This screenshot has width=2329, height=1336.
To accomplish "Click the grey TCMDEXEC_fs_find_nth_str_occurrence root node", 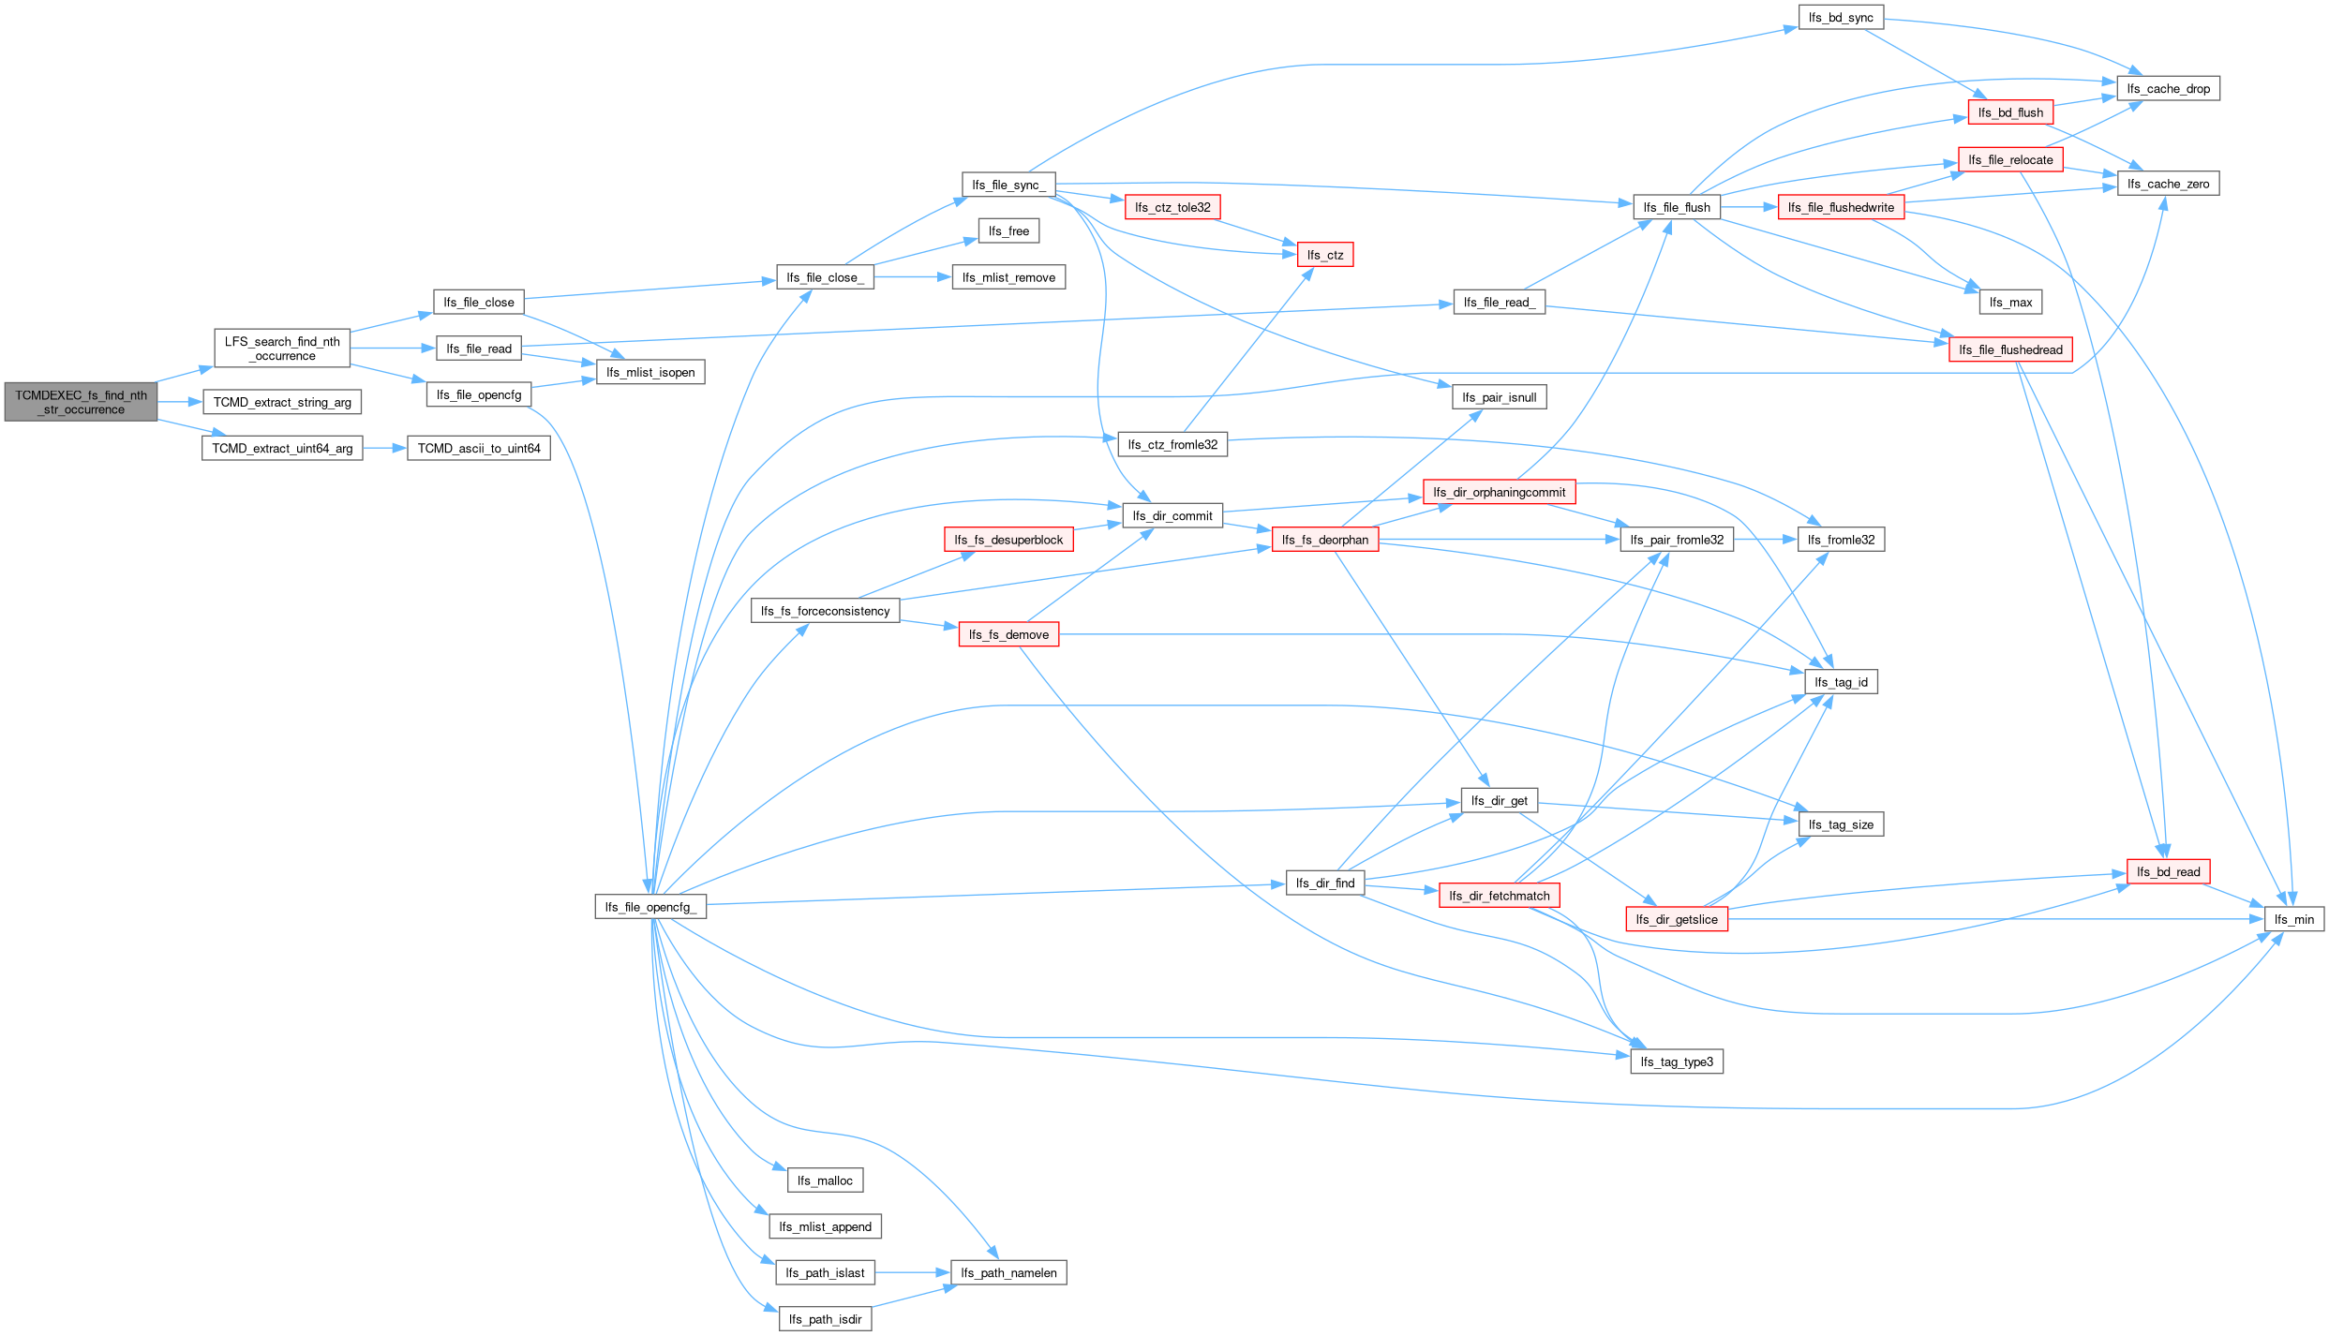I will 81,402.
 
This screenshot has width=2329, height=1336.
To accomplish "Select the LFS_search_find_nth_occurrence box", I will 282,349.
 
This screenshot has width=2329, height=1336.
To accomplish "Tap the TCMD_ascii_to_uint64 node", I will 479,449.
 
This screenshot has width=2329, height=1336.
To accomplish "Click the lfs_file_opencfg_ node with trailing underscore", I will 650,907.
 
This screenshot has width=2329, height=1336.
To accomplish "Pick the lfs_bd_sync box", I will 1841,18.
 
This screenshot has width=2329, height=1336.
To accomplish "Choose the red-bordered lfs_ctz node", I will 1325,255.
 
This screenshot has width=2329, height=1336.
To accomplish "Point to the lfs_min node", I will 2294,919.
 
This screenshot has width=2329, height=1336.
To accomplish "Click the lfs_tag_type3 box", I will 1677,1061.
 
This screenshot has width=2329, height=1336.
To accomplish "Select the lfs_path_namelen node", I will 1008,1272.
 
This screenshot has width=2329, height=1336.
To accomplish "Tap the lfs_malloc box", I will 825,1180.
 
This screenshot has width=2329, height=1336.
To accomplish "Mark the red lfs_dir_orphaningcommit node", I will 1499,492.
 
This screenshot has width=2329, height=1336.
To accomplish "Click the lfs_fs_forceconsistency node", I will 825,611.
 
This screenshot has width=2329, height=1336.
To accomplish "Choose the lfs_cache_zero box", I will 2168,184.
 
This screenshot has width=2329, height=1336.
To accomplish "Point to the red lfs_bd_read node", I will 2168,871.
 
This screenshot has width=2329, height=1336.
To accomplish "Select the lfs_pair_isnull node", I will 1499,397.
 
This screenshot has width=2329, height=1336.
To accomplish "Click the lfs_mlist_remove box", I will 1008,277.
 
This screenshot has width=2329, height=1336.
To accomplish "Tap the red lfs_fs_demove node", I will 1008,634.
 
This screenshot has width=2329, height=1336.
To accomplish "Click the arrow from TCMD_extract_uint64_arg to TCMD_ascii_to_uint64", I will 384,449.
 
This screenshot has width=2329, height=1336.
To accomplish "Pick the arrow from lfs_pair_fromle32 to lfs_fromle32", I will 1766,540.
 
